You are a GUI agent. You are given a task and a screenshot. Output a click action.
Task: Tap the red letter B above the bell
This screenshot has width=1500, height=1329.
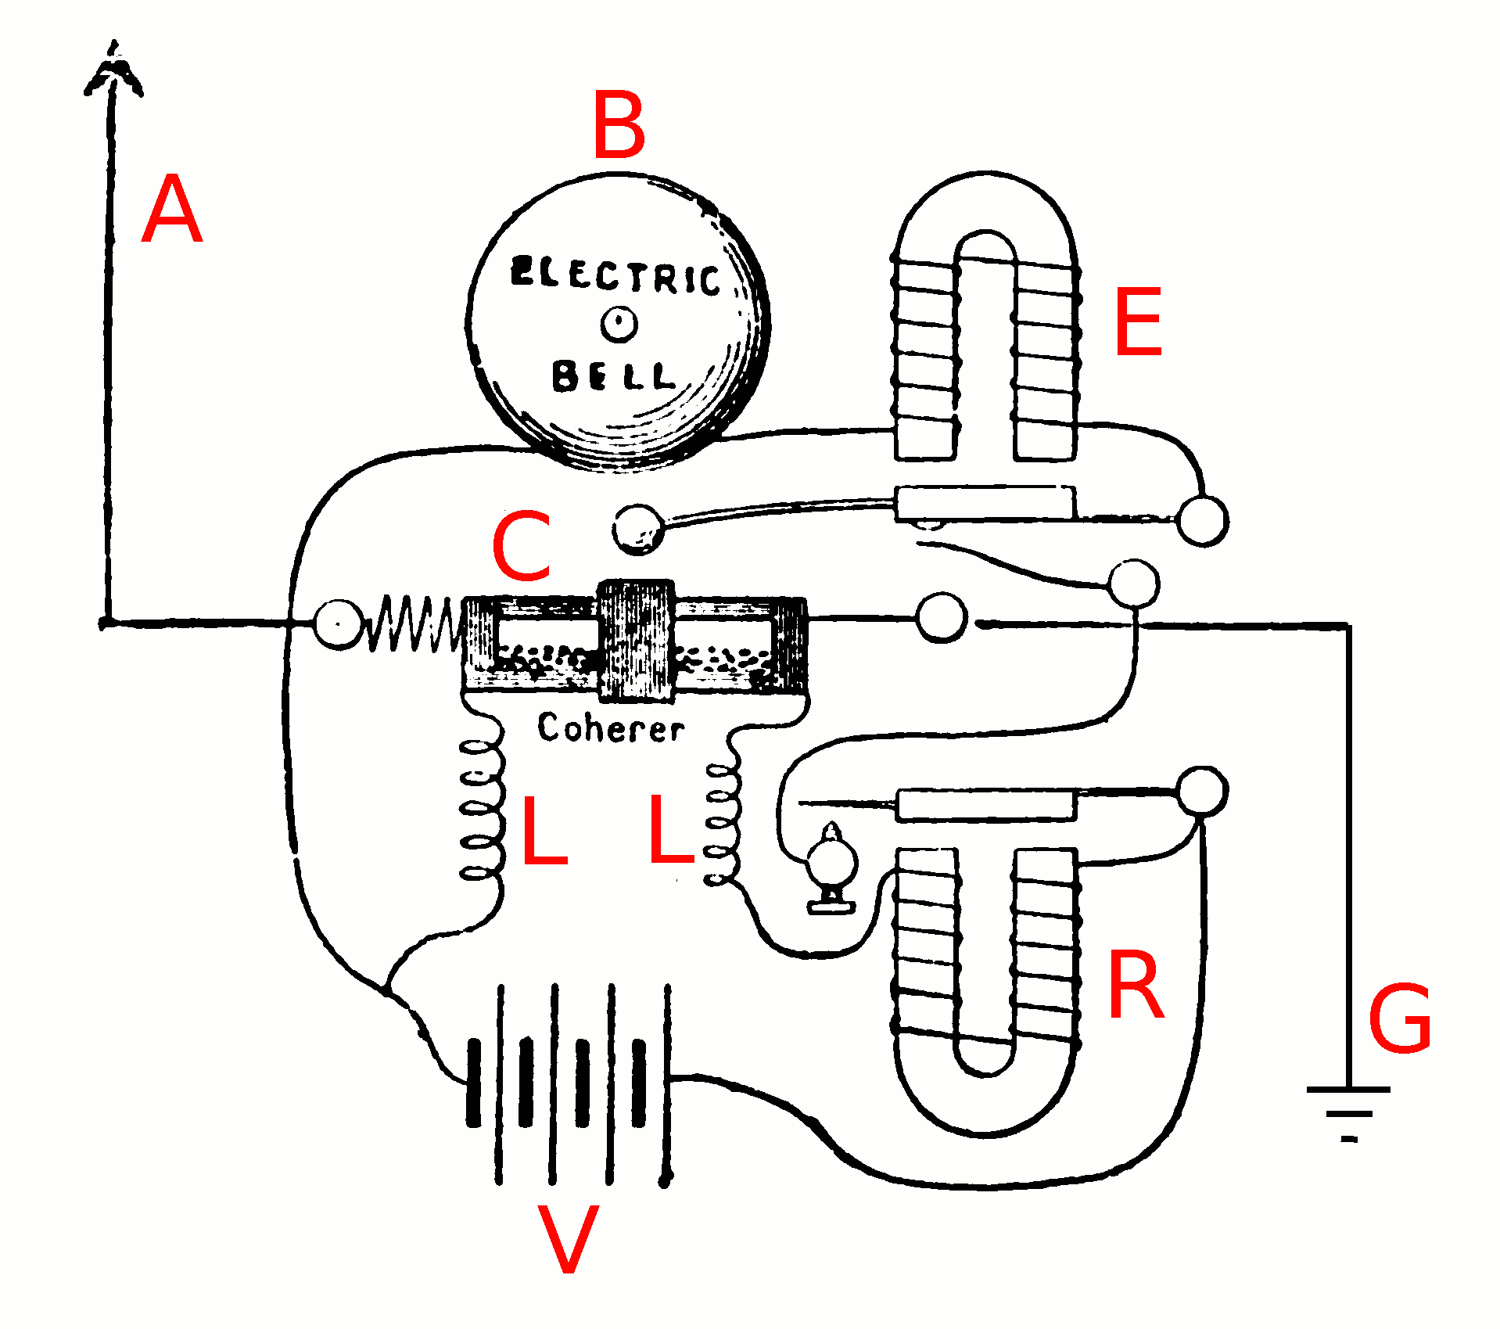pyautogui.click(x=619, y=124)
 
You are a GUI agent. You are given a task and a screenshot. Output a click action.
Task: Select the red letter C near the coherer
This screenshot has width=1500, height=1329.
pyautogui.click(x=522, y=545)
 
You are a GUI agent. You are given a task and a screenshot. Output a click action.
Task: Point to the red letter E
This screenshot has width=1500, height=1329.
pyautogui.click(x=1138, y=321)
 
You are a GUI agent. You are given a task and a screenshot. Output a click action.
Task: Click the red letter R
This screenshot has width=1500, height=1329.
pyautogui.click(x=1136, y=985)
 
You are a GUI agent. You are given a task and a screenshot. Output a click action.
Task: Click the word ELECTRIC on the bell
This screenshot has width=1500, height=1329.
pyautogui.click(x=615, y=275)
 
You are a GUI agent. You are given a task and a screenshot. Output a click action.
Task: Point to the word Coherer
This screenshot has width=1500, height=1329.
pyautogui.click(x=610, y=728)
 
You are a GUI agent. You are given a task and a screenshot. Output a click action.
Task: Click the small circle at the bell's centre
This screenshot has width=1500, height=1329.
pyautogui.click(x=619, y=324)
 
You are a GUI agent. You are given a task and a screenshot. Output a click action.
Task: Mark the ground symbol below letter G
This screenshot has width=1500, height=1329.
pyautogui.click(x=1348, y=1112)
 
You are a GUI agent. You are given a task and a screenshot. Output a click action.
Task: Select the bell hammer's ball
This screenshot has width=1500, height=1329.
pyautogui.click(x=637, y=530)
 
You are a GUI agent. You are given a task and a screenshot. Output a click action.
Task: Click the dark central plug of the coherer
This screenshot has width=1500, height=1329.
pyautogui.click(x=636, y=640)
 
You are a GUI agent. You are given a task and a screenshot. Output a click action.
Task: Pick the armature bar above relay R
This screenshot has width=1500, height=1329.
pyautogui.click(x=985, y=805)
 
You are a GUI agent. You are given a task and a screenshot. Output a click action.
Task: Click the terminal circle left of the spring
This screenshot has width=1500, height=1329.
pyautogui.click(x=337, y=623)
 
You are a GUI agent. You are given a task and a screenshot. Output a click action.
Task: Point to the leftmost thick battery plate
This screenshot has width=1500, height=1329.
pyautogui.click(x=473, y=1083)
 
